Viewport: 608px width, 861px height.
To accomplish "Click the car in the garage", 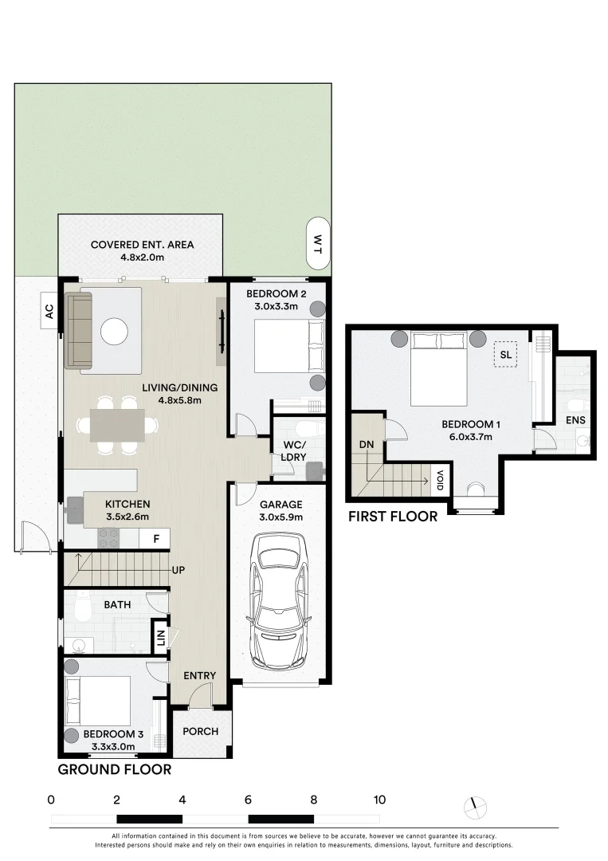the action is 280,601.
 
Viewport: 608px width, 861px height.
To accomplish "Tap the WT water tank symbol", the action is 318,243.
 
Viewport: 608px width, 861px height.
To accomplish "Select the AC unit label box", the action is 49,312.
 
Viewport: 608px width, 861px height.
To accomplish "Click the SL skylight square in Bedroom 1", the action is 505,355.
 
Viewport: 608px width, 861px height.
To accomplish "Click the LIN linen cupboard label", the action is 160,638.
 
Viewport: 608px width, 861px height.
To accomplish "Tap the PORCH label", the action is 200,731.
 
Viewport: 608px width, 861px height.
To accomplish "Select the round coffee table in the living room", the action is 114,332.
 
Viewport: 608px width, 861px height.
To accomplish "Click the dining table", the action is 117,425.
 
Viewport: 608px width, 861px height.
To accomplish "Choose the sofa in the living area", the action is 78,330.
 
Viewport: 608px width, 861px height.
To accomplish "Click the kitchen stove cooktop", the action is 108,537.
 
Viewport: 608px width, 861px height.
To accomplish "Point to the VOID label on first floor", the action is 440,481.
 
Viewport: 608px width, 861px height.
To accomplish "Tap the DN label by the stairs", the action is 367,444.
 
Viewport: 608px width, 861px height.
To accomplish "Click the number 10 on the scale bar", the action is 380,800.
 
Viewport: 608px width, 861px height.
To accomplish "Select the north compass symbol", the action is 475,807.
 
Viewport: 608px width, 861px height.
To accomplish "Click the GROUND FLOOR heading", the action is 115,770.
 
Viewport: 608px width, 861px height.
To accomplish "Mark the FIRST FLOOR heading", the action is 393,516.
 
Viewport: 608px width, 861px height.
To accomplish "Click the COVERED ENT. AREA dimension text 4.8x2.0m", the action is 142,257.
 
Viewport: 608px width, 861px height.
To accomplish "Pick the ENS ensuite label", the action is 575,420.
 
